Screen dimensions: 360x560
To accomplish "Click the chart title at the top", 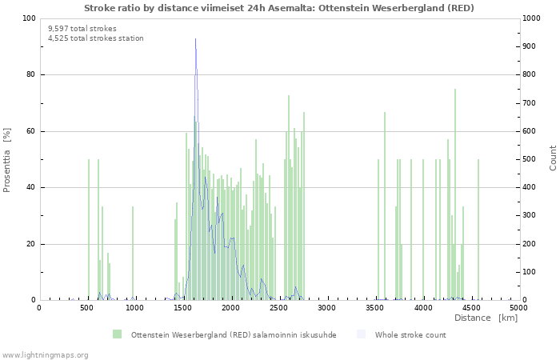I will tap(278, 8).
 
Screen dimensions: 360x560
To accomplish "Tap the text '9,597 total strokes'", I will tap(82, 28).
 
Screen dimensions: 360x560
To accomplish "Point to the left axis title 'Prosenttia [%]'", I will tap(7, 159).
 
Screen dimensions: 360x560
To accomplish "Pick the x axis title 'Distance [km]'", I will tap(486, 318).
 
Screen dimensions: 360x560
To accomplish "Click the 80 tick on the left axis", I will tap(30, 75).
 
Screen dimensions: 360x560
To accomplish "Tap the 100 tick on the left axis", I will tap(28, 18).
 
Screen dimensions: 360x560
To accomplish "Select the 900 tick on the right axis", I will tap(530, 46).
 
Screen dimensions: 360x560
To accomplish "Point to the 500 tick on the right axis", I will tap(530, 159).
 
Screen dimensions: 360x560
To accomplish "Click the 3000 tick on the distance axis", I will tap(326, 307).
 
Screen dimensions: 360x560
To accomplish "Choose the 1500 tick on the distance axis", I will tap(182, 307).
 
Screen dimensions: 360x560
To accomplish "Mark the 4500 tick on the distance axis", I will tap(470, 307).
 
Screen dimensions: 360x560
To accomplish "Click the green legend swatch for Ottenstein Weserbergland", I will tap(118, 334).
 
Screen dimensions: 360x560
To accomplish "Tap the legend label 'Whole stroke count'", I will tap(410, 334).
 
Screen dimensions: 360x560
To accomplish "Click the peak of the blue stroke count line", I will tap(195, 39).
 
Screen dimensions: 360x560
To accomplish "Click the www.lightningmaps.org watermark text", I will tap(45, 354).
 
